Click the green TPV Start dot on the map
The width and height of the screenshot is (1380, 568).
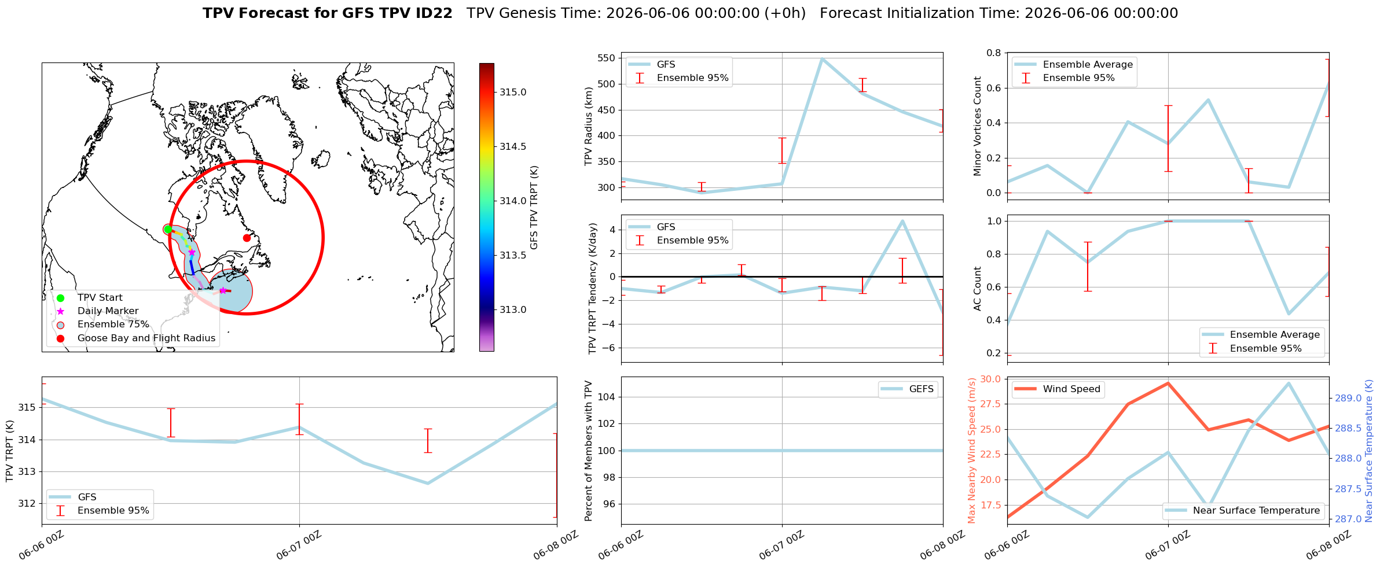[x=168, y=230]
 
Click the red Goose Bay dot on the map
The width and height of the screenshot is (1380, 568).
[x=247, y=238]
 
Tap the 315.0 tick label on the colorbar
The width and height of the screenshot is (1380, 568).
[x=513, y=93]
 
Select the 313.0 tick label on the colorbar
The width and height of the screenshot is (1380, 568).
[x=513, y=310]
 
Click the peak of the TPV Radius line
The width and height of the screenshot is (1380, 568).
[x=822, y=58]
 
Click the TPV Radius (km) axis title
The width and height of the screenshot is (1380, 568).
[x=589, y=126]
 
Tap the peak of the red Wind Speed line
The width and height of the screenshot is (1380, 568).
[x=1168, y=383]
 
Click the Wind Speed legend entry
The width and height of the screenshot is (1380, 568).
[x=1059, y=389]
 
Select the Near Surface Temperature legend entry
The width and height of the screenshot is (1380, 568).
[x=1243, y=511]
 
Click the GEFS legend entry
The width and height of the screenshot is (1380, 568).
[x=908, y=389]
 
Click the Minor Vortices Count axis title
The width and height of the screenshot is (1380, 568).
[x=978, y=126]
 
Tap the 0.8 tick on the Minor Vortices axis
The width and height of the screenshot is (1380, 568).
[x=994, y=53]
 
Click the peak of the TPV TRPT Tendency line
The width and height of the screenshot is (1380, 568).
[x=902, y=221]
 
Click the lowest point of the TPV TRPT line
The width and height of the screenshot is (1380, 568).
[x=428, y=483]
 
